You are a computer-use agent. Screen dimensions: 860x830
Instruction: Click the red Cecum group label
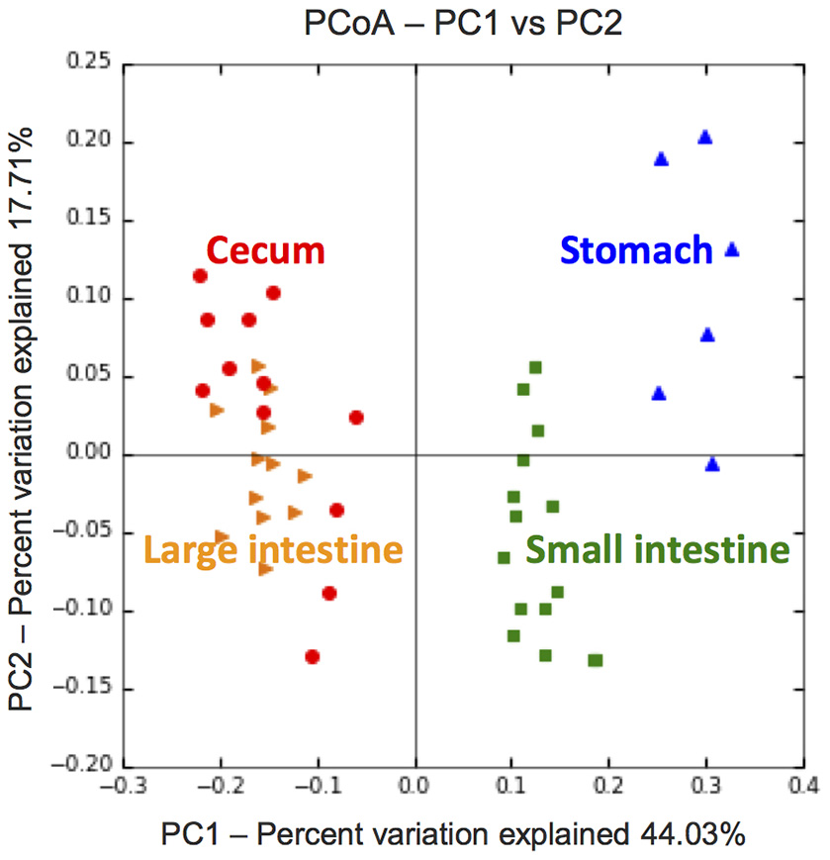(x=265, y=250)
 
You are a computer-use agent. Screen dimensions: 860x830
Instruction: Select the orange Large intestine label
(x=273, y=548)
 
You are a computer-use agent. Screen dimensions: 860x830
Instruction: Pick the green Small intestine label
(x=657, y=548)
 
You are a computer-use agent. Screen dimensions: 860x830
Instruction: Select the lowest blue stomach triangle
(x=712, y=464)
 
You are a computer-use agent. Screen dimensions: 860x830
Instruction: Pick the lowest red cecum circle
(x=313, y=656)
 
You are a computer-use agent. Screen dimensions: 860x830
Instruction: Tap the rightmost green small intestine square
(x=596, y=660)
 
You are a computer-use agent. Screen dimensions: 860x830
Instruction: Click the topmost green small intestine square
(x=535, y=368)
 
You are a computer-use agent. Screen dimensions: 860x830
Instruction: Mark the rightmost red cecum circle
(x=356, y=418)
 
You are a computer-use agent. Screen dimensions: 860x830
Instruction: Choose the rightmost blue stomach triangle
(x=732, y=250)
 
